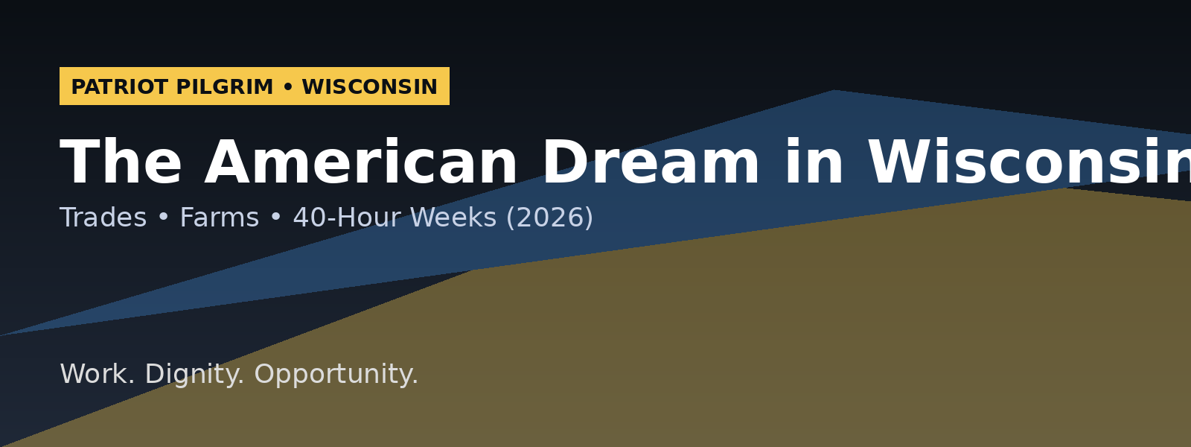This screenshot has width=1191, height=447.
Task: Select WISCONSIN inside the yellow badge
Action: click(x=369, y=87)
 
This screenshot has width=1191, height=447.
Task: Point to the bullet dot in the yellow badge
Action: click(x=288, y=87)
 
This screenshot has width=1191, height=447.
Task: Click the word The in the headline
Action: click(x=121, y=164)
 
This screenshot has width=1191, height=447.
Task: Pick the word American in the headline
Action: click(x=361, y=164)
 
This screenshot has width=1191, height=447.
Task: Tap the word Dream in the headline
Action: click(x=651, y=164)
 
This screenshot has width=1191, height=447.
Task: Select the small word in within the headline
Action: click(x=814, y=164)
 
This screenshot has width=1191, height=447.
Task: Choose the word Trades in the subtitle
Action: click(x=103, y=218)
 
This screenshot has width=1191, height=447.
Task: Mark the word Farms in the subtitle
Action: click(x=219, y=218)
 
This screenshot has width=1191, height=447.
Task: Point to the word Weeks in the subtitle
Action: click(x=453, y=218)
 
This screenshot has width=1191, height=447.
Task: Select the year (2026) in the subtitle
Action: click(x=549, y=218)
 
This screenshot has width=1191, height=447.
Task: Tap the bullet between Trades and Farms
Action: click(x=163, y=218)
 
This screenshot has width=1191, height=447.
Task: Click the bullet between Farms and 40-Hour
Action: click(x=276, y=218)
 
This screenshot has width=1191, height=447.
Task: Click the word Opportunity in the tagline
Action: click(x=336, y=374)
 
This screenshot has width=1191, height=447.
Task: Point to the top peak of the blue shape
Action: click(x=834, y=92)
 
